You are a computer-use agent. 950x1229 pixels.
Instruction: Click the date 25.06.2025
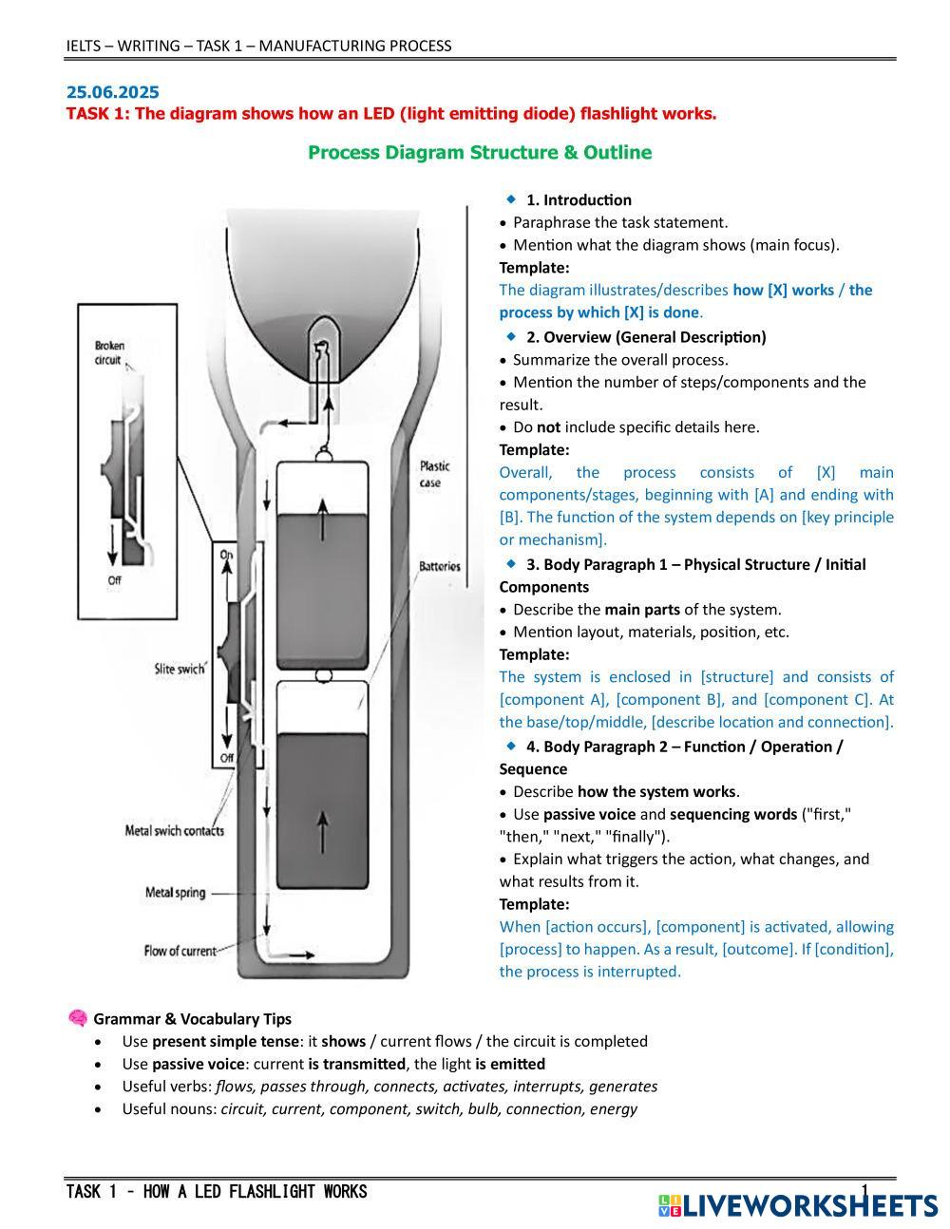pos(112,92)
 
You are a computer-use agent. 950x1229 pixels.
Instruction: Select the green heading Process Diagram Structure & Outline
pos(480,153)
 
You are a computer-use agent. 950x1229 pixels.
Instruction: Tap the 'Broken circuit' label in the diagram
pos(109,352)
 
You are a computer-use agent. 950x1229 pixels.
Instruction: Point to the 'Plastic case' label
pos(435,474)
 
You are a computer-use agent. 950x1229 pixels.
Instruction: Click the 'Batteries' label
pos(440,566)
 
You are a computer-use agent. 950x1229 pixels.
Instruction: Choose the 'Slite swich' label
pos(180,669)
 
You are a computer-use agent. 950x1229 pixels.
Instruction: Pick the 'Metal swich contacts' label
pos(175,831)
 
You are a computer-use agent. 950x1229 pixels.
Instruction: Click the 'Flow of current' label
pos(180,950)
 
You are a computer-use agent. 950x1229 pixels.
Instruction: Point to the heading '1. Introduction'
pos(579,199)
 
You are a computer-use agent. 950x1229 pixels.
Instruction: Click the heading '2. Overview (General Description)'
pos(646,337)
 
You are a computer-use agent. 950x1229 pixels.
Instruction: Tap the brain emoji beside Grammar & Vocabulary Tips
pos(78,1018)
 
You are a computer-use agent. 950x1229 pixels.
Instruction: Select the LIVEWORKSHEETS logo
pos(797,1205)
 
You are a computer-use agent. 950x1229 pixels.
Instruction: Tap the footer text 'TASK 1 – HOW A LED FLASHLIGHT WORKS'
pos(217,1192)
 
